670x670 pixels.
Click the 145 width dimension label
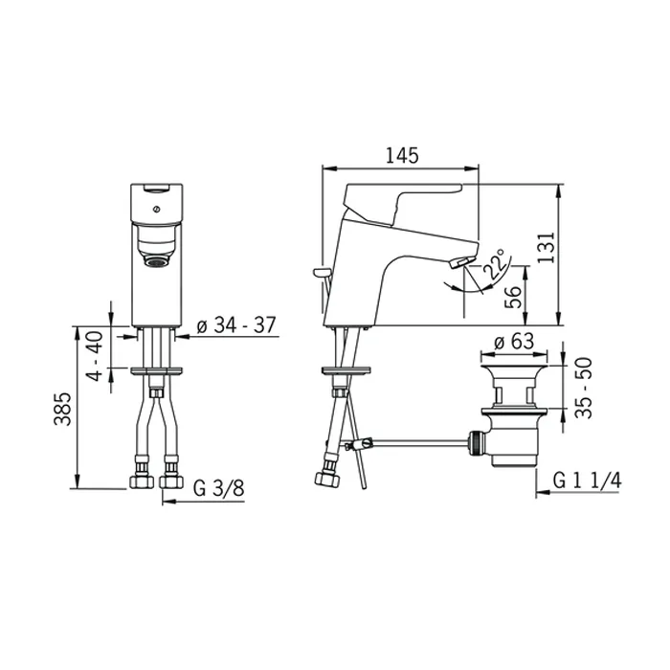402,155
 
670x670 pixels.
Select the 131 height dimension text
547,248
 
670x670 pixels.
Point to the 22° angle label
495,266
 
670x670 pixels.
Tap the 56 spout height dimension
513,297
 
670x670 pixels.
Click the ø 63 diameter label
514,342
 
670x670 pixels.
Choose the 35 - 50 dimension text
584,388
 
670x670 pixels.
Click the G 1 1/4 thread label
587,480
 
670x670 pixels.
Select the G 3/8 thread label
219,488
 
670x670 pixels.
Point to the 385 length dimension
62,409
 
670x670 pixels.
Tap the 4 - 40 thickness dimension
95,356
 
